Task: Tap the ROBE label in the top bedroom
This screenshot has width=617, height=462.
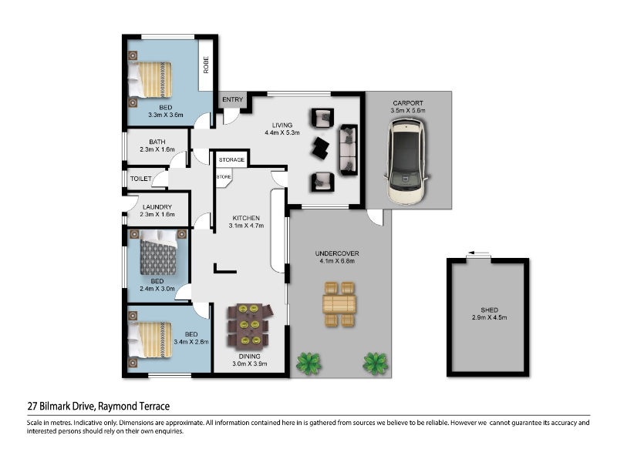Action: pos(206,65)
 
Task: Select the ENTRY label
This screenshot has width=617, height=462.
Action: pos(233,99)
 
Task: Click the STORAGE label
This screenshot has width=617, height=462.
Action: pos(232,160)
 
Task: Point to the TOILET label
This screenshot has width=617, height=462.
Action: pos(141,179)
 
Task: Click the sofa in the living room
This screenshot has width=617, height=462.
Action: pos(349,150)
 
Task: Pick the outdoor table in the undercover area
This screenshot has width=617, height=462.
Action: pos(339,304)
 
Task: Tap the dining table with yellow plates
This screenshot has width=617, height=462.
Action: pos(249,326)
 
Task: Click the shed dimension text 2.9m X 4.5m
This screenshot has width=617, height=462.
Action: pos(489,317)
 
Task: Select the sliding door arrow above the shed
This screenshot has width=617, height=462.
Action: pos(478,253)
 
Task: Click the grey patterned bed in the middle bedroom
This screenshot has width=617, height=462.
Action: pos(158,253)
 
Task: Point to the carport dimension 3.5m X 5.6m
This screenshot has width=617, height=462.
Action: pos(408,110)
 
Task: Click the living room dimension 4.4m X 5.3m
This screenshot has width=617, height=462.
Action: pos(282,132)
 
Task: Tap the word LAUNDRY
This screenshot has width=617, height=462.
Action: pos(157,207)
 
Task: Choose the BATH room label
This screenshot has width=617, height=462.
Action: pos(157,142)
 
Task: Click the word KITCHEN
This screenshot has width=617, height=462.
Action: pos(246,218)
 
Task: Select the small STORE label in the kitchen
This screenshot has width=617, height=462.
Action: pos(224,177)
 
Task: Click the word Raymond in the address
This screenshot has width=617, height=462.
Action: pos(116,407)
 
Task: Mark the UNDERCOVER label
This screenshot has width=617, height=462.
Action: pos(337,253)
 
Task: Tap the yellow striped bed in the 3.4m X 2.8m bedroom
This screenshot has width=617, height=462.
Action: pos(150,340)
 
